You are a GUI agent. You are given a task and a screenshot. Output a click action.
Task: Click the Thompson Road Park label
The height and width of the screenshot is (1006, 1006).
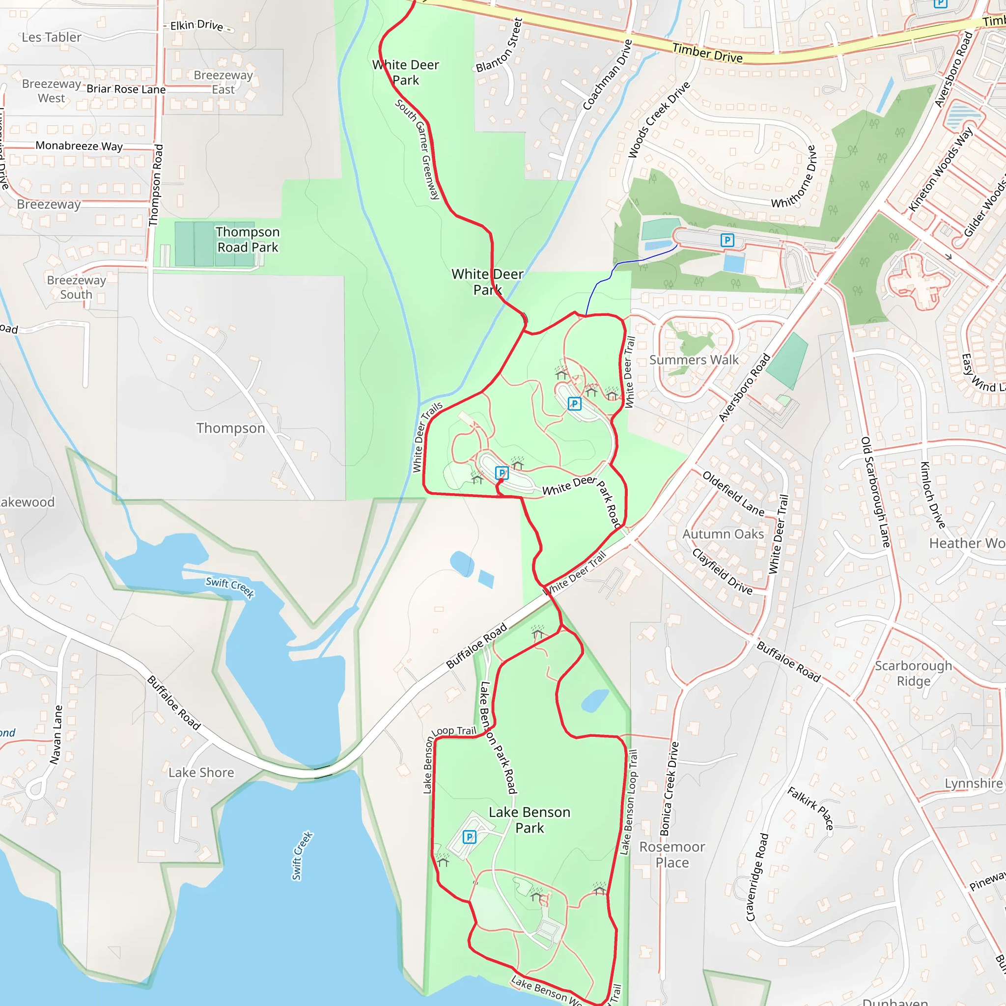(x=248, y=240)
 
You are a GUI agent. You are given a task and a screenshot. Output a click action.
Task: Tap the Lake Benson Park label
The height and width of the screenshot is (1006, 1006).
(x=529, y=820)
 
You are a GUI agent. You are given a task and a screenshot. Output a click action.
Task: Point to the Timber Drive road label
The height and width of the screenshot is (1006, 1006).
(x=707, y=53)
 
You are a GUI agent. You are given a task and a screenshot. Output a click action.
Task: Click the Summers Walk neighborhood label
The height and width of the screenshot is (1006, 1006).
(x=694, y=360)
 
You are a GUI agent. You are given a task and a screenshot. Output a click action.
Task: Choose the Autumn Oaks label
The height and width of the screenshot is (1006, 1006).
(x=723, y=534)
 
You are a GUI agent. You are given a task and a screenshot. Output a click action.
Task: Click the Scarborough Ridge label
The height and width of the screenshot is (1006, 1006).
(x=913, y=673)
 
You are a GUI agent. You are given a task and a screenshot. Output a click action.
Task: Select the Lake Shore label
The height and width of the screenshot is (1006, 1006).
(x=201, y=773)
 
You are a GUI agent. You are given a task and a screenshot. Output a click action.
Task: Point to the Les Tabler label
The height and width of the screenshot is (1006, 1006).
(x=52, y=37)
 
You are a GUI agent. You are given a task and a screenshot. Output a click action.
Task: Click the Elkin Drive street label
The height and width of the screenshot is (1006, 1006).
(x=197, y=25)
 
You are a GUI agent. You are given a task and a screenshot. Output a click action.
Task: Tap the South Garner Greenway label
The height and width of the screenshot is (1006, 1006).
(x=418, y=149)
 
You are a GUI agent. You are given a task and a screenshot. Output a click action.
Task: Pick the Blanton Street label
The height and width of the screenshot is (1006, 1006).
(x=500, y=45)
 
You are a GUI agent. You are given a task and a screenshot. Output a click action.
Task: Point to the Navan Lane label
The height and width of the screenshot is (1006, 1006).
(x=56, y=735)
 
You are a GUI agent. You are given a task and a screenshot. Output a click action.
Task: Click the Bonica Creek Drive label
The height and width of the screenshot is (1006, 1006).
(x=670, y=789)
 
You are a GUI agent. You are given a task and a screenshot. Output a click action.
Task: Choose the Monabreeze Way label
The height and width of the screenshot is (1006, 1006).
(x=79, y=146)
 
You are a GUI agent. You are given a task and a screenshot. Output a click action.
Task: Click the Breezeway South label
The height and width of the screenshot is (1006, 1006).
(x=76, y=287)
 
